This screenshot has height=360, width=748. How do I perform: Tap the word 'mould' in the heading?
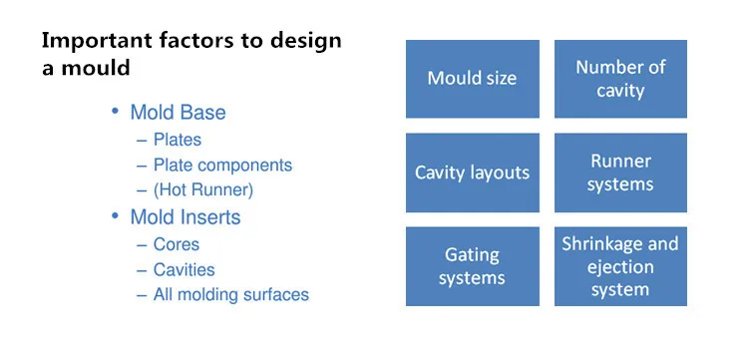pyautogui.click(x=96, y=68)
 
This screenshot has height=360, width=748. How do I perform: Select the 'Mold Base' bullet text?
pyautogui.click(x=178, y=113)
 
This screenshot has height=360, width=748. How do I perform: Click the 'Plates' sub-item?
pyautogui.click(x=177, y=140)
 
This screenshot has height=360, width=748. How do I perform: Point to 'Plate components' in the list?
pyautogui.click(x=222, y=166)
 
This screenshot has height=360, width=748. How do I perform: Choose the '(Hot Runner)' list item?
pyautogui.click(x=202, y=190)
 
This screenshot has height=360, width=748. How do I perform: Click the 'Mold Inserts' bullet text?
pyautogui.click(x=186, y=217)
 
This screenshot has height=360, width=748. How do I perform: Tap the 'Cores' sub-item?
pyautogui.click(x=176, y=244)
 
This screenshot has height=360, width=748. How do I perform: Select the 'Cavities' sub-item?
pyautogui.click(x=184, y=270)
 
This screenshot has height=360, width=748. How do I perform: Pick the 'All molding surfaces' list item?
pyautogui.click(x=231, y=294)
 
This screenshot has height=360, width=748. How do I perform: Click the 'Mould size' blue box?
pyautogui.click(x=473, y=79)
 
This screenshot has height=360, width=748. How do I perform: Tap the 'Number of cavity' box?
pyautogui.click(x=620, y=79)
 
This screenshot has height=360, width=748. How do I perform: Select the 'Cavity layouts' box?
pyautogui.click(x=473, y=173)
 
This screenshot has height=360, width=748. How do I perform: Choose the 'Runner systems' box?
pyautogui.click(x=620, y=173)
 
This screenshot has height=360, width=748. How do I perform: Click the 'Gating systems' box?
pyautogui.click(x=473, y=266)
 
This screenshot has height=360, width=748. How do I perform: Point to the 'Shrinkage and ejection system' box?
pyautogui.click(x=620, y=266)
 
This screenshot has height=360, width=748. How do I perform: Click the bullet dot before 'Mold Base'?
pyautogui.click(x=115, y=111)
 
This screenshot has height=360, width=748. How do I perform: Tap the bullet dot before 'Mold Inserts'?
pyautogui.click(x=115, y=216)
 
